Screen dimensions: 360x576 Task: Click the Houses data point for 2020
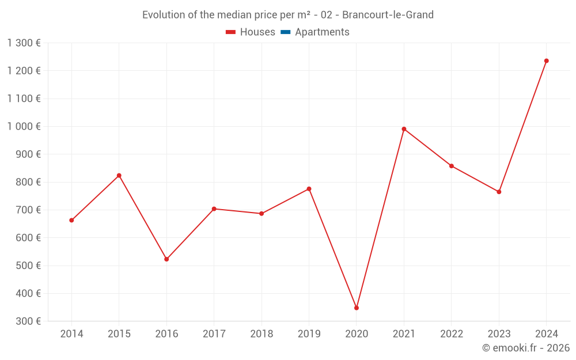click(357, 308)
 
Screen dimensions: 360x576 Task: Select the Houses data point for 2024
click(547, 61)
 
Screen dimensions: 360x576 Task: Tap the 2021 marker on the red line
click(404, 129)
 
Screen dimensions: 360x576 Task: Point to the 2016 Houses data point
click(166, 259)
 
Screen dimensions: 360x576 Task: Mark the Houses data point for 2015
click(119, 176)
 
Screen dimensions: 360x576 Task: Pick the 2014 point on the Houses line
click(71, 220)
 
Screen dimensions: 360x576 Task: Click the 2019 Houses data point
click(309, 189)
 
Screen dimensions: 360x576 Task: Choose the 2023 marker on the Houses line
click(499, 192)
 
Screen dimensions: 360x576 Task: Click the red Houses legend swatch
click(231, 32)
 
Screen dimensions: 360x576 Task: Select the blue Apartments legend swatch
click(285, 32)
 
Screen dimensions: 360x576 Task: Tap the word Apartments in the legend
click(322, 32)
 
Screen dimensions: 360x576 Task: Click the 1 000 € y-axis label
click(24, 126)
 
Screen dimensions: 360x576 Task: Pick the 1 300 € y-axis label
click(24, 43)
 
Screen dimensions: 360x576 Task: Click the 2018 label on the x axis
click(262, 334)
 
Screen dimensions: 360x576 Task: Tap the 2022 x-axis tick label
click(452, 334)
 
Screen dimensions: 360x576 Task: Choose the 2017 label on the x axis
click(214, 334)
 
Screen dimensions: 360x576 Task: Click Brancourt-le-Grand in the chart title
click(388, 15)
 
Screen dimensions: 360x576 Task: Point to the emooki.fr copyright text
click(526, 348)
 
